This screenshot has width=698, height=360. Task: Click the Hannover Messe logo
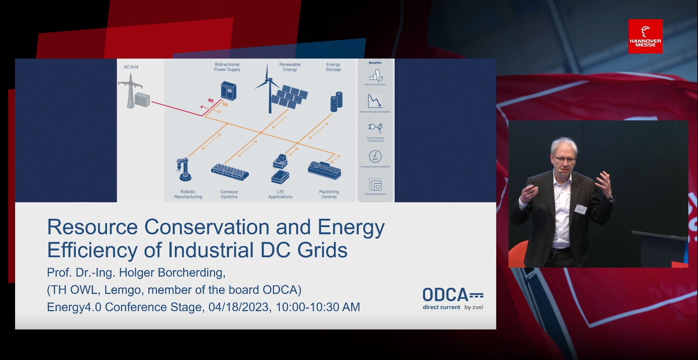click(x=645, y=36)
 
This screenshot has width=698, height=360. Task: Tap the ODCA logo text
click(x=445, y=295)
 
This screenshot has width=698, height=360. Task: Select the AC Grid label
click(x=131, y=67)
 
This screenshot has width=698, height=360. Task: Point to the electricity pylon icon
click(x=130, y=91)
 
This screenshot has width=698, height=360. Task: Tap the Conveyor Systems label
click(x=229, y=194)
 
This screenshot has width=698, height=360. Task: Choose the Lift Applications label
click(x=280, y=194)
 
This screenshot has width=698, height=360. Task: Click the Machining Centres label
click(x=329, y=194)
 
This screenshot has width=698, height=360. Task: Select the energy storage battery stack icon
click(x=336, y=101)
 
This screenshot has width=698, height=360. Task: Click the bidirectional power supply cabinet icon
click(x=229, y=91)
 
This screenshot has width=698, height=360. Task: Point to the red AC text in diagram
click(x=211, y=101)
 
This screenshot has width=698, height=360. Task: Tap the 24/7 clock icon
click(x=375, y=156)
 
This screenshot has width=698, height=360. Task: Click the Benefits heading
click(x=375, y=63)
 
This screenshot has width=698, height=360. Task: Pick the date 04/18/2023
click(x=238, y=307)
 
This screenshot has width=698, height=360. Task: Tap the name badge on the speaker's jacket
click(x=581, y=209)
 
